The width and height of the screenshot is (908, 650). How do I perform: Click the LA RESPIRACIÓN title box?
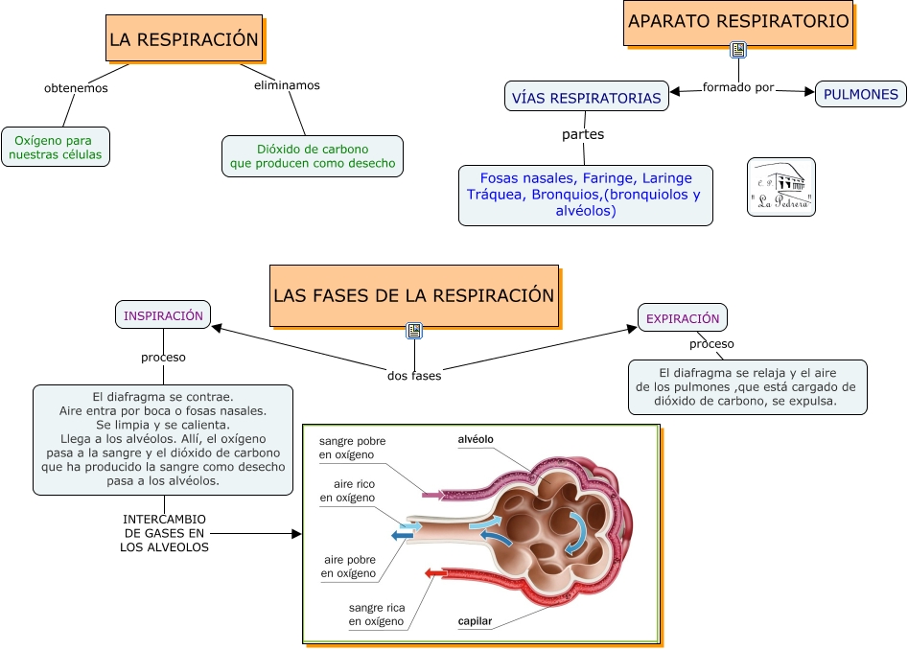[x=184, y=39]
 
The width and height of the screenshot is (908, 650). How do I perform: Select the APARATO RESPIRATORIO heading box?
[x=738, y=22]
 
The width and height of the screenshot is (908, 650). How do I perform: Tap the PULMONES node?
[x=861, y=94]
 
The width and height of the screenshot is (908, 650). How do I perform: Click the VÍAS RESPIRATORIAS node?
[x=586, y=97]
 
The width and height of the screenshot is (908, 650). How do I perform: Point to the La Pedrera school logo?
[x=780, y=187]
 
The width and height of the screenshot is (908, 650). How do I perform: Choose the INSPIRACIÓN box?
[x=163, y=314]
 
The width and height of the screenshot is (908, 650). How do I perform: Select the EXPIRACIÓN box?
[x=683, y=317]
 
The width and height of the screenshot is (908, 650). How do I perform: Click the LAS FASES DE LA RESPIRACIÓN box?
[x=414, y=295]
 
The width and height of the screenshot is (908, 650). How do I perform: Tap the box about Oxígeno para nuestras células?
[x=57, y=147]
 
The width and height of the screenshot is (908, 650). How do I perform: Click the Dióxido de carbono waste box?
[x=313, y=156]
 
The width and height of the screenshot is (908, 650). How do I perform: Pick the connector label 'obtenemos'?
[x=77, y=88]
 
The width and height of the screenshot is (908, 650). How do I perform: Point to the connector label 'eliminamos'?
[x=287, y=85]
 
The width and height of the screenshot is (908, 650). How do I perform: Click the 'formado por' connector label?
[x=738, y=87]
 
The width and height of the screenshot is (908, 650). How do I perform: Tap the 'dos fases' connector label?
[x=414, y=376]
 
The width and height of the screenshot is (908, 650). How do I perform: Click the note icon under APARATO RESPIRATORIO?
[x=738, y=50]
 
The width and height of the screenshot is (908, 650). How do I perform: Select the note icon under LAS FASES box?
[x=414, y=331]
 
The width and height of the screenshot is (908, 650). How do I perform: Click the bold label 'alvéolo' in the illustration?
[x=476, y=439]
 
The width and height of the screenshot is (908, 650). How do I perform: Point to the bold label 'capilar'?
[x=475, y=621]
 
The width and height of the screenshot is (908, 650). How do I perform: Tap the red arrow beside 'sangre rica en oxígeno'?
[x=436, y=573]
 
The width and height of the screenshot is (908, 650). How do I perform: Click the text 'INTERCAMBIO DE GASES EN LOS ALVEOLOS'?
[x=164, y=533]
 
